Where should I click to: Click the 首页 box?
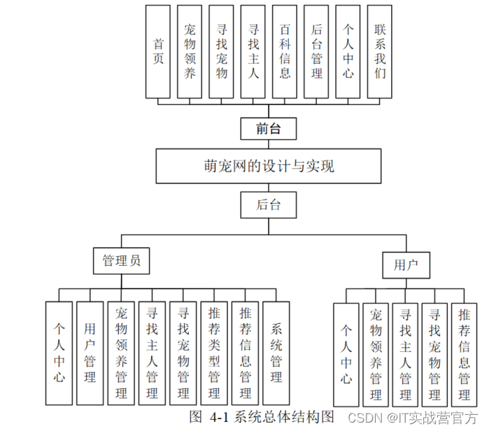(x=159, y=51)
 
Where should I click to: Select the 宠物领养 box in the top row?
(x=190, y=51)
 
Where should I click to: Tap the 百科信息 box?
(x=285, y=51)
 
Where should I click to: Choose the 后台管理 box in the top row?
(x=317, y=51)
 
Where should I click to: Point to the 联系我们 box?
(x=381, y=51)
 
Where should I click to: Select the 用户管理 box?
(x=90, y=353)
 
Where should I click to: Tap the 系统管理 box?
(x=276, y=353)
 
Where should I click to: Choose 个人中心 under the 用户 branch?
(x=346, y=355)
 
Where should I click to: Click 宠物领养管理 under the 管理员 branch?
(x=121, y=353)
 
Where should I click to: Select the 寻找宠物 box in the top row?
(x=222, y=51)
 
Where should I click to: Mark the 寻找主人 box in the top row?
(x=253, y=51)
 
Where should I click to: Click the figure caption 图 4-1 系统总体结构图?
(x=262, y=417)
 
